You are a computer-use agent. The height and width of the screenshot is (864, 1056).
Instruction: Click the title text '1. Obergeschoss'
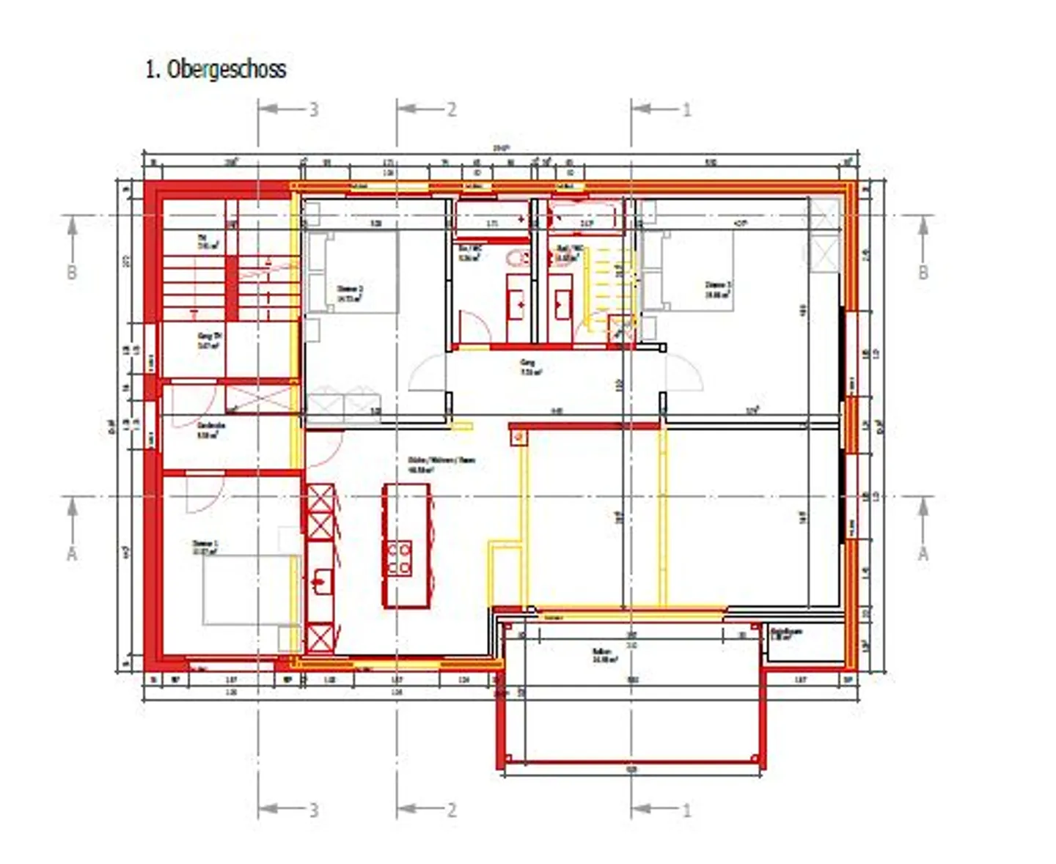tap(215, 69)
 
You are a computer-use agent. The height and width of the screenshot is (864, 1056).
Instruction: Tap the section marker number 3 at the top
tap(313, 109)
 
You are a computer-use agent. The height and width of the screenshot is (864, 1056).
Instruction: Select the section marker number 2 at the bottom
tap(452, 810)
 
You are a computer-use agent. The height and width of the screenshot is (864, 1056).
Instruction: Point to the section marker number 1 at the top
tap(686, 109)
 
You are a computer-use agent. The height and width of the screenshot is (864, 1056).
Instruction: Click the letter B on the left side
tap(72, 272)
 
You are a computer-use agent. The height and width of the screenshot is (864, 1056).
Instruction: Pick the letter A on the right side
tap(923, 553)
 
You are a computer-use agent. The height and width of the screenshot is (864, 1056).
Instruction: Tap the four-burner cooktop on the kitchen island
tap(399, 558)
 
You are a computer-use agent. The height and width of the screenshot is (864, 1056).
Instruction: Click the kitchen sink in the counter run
tap(320, 581)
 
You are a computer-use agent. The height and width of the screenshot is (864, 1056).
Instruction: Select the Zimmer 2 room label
tap(349, 293)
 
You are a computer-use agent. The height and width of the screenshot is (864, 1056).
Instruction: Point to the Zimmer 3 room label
tap(717, 289)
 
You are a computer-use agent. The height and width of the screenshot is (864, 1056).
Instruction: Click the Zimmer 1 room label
tap(205, 547)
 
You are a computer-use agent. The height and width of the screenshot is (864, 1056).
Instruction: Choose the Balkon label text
tap(603, 654)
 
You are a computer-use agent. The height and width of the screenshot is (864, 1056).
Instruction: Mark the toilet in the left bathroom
tap(518, 258)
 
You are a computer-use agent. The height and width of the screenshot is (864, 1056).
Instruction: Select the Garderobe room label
tap(210, 429)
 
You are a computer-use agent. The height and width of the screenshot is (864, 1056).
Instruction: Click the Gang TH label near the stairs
tap(209, 339)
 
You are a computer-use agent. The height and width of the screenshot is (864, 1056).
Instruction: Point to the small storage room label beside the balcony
tap(787, 633)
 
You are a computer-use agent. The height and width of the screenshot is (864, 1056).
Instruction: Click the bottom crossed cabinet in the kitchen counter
tap(320, 637)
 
